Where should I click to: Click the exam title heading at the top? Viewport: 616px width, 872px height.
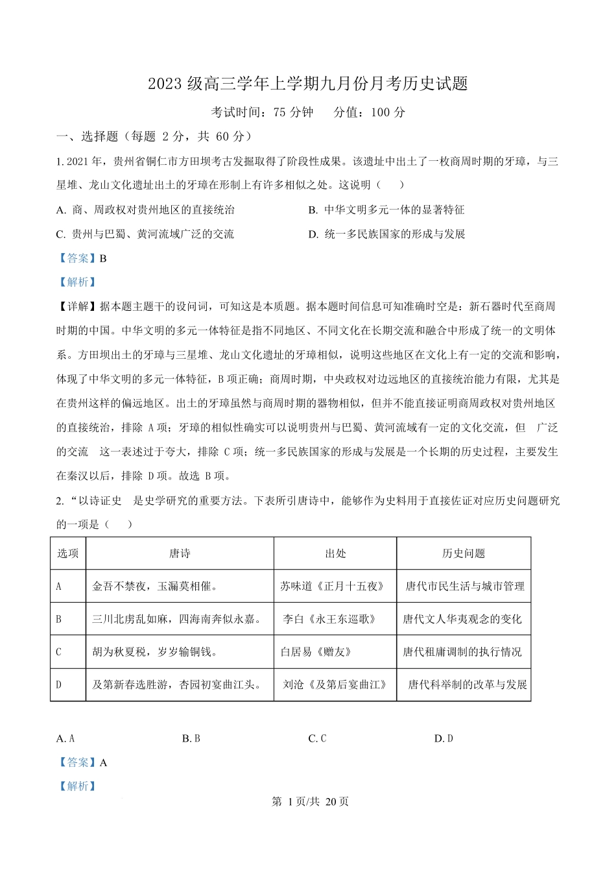[x=308, y=84]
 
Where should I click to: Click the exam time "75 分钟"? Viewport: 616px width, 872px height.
[x=293, y=112]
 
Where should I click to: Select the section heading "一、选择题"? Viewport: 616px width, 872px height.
[x=88, y=136]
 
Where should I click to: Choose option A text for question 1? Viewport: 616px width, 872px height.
[x=146, y=210]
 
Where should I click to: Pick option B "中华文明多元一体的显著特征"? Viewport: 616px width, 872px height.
[x=386, y=210]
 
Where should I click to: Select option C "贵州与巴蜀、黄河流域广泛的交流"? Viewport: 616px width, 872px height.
[x=145, y=234]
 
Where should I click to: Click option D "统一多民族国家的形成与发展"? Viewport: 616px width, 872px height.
[x=387, y=234]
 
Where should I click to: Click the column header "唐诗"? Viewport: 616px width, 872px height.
[x=180, y=553]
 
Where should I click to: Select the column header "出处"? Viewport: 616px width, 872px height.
[x=335, y=553]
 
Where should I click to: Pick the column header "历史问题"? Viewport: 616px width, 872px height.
[x=464, y=553]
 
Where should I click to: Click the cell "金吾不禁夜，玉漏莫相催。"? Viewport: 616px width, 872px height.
[x=155, y=587]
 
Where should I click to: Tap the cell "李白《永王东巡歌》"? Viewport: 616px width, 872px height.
[x=330, y=619]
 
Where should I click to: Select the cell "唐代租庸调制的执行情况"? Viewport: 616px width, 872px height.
[x=462, y=651]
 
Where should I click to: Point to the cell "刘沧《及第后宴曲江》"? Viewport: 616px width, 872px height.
[x=335, y=684]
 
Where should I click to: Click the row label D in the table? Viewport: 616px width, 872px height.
[x=59, y=684]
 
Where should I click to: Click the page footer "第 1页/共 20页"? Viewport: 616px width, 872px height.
[x=310, y=801]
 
